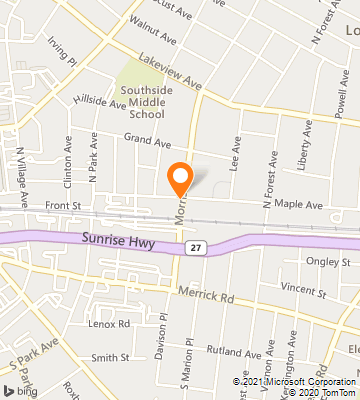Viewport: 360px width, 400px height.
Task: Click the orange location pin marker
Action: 181,178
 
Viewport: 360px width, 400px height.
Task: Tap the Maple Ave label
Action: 300,205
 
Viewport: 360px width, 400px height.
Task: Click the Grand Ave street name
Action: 144,139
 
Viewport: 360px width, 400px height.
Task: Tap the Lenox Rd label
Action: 109,324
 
